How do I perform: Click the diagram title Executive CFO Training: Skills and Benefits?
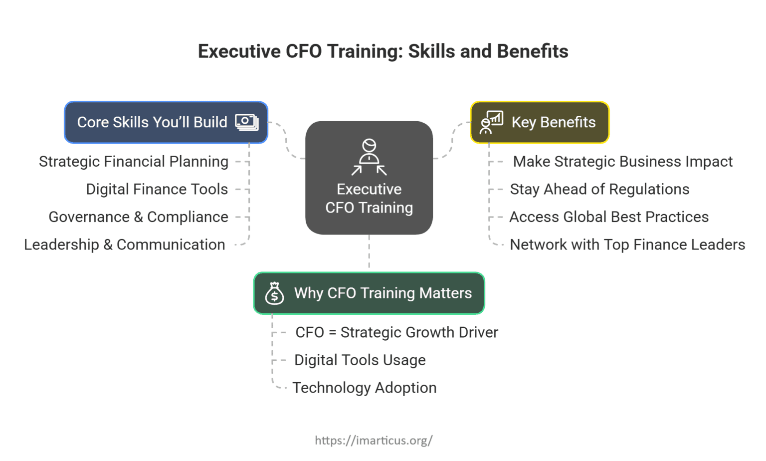pyautogui.click(x=383, y=51)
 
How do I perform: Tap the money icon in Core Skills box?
pyautogui.click(x=246, y=122)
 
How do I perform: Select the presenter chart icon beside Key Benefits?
pyautogui.click(x=491, y=122)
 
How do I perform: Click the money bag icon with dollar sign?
pyautogui.click(x=274, y=293)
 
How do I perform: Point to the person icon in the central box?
pyautogui.click(x=369, y=157)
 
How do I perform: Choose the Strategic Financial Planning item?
pyautogui.click(x=134, y=162)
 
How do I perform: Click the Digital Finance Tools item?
pyautogui.click(x=157, y=190)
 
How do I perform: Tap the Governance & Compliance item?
pyautogui.click(x=138, y=217)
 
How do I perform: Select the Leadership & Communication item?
pyautogui.click(x=125, y=245)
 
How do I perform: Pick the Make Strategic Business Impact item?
pyautogui.click(x=622, y=162)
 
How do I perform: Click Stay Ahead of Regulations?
pyautogui.click(x=599, y=190)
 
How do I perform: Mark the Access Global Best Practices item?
pyautogui.click(x=609, y=217)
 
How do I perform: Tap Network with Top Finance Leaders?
pyautogui.click(x=627, y=245)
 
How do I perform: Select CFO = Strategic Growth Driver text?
pyautogui.click(x=396, y=332)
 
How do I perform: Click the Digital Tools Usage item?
pyautogui.click(x=360, y=360)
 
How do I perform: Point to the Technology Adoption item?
pyautogui.click(x=364, y=388)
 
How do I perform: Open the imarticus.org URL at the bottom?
pyautogui.click(x=374, y=440)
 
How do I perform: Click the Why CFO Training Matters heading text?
pyautogui.click(x=383, y=293)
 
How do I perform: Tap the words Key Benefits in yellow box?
pyautogui.click(x=553, y=122)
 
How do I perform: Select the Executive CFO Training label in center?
pyautogui.click(x=369, y=199)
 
